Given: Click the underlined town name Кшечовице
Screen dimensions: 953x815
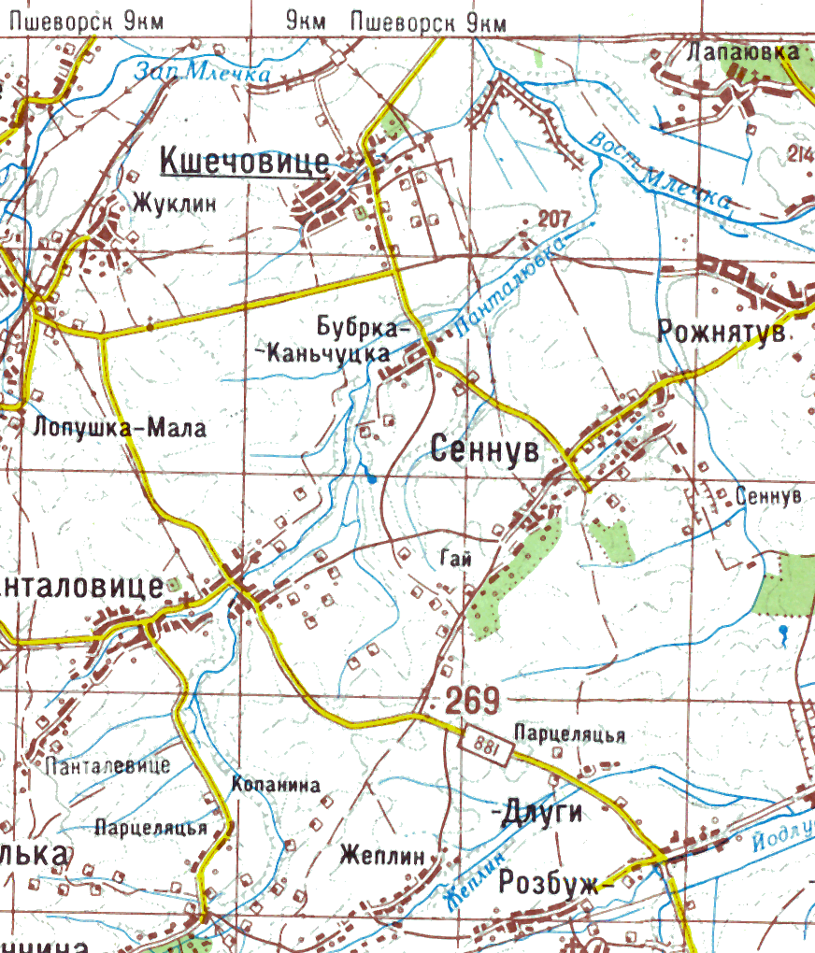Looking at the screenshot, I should click(245, 161).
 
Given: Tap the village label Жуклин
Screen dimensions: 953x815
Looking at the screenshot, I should click(174, 203).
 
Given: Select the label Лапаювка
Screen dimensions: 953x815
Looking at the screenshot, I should click(744, 52).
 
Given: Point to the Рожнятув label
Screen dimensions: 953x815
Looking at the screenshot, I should click(722, 332).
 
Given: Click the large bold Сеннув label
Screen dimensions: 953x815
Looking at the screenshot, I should click(486, 450).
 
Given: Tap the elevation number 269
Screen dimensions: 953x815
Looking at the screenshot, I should click(472, 699).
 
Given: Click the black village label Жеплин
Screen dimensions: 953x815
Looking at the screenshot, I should click(383, 855).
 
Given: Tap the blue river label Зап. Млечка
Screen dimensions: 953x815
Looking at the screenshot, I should click(202, 71).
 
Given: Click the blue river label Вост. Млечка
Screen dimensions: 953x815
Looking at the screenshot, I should click(659, 171).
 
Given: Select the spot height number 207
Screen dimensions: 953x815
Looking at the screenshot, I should click(555, 220).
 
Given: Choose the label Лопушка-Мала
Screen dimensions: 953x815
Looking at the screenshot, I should click(119, 428).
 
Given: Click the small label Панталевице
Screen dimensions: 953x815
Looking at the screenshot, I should click(107, 766).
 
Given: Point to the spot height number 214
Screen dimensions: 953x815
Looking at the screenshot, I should click(801, 154).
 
